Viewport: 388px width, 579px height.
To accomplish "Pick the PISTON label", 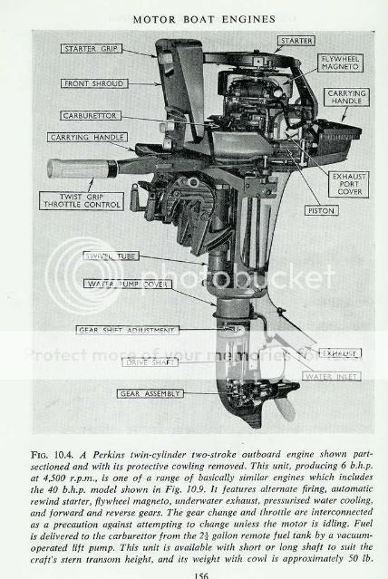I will (x=296, y=209).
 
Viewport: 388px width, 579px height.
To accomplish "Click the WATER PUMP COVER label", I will (x=123, y=284).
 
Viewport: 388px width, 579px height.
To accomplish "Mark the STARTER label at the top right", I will (x=296, y=40).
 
